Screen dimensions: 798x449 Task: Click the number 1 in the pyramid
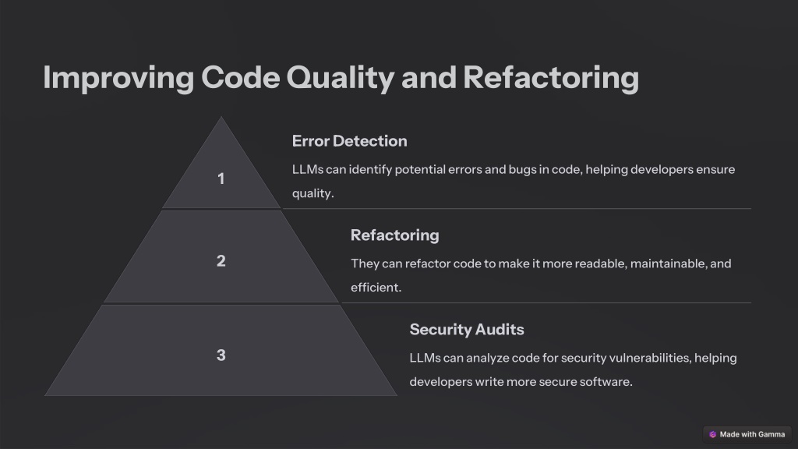[x=221, y=179]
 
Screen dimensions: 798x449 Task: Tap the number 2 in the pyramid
[x=221, y=261]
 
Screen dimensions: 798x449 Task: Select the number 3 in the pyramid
[x=221, y=355]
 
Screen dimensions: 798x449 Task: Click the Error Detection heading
[x=350, y=141]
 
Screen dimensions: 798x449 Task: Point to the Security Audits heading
[x=467, y=330]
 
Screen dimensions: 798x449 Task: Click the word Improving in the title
[x=118, y=78]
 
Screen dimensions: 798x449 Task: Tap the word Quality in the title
[x=340, y=78]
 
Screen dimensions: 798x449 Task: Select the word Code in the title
[x=240, y=77]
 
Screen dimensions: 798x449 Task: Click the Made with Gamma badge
[x=747, y=434]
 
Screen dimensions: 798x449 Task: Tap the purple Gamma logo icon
[x=712, y=434]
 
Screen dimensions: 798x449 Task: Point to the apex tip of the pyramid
[x=221, y=117]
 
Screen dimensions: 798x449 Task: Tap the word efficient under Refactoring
[x=376, y=288]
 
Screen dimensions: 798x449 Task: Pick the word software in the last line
[x=608, y=382]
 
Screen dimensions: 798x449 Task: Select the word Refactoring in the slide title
[x=551, y=78]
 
